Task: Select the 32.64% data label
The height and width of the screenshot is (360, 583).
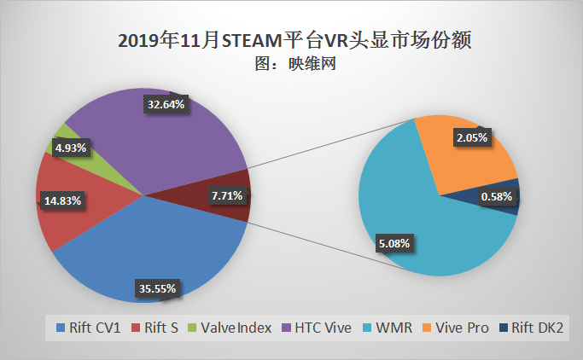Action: [x=166, y=104]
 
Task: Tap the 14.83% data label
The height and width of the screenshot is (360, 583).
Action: [x=63, y=201]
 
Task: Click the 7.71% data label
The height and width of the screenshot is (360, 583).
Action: [x=226, y=196]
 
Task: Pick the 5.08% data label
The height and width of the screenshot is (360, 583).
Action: [x=394, y=244]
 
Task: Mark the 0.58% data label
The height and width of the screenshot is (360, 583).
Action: [x=495, y=198]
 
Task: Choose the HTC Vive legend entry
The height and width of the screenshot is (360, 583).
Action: [x=318, y=328]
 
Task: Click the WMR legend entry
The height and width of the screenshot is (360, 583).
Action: [x=390, y=328]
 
